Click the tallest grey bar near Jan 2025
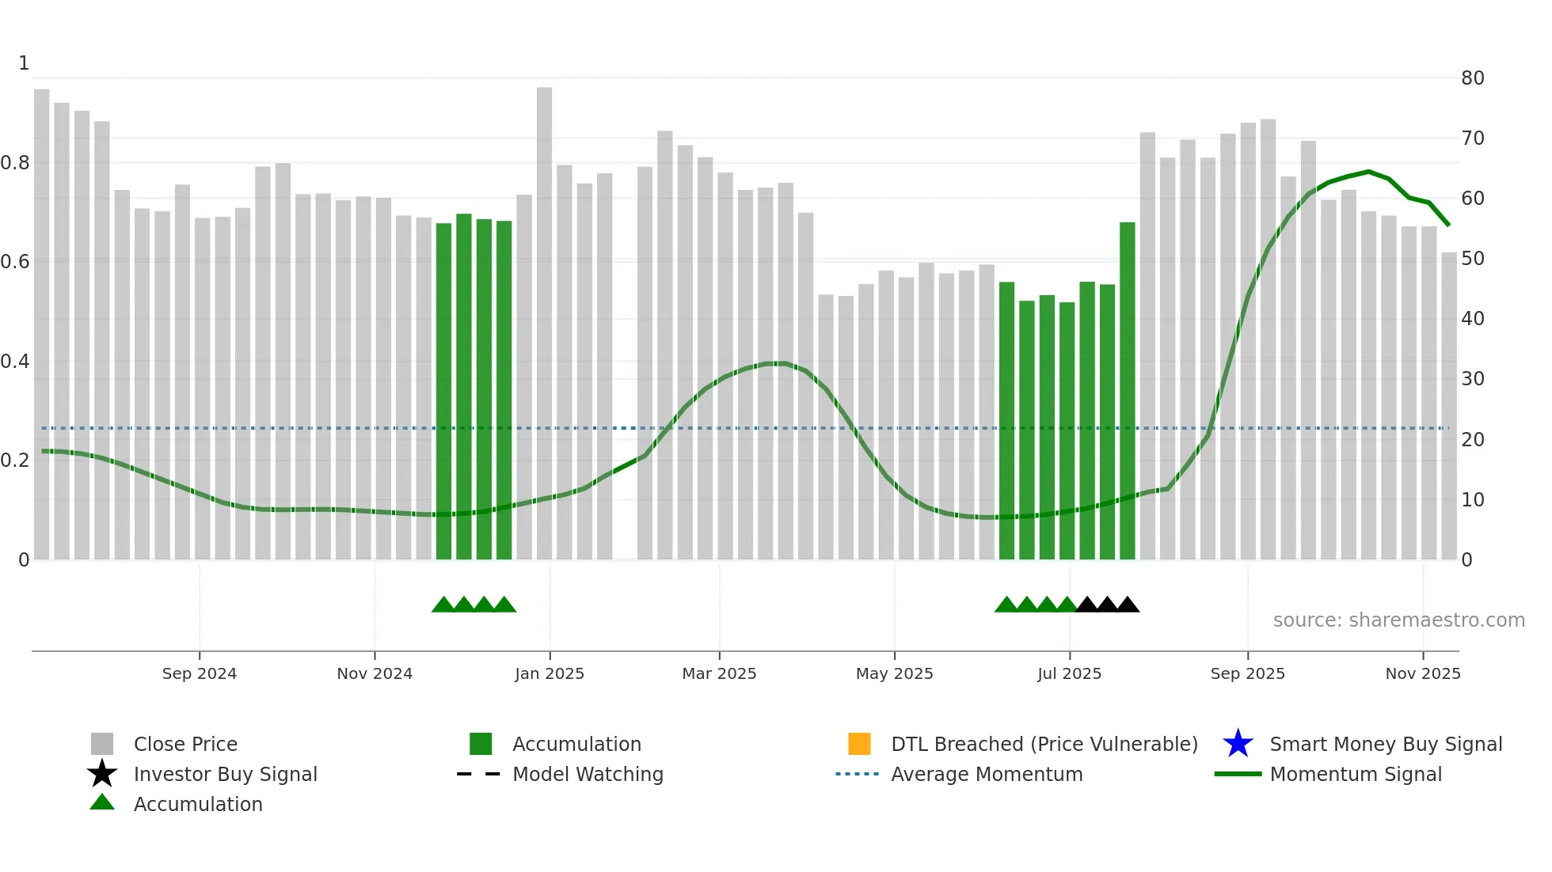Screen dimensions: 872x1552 pyautogui.click(x=544, y=317)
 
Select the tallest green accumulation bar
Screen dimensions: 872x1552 pyautogui.click(x=1127, y=388)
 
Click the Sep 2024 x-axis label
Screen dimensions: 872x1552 pyautogui.click(x=200, y=673)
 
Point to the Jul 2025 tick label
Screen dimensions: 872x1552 pyautogui.click(x=1069, y=673)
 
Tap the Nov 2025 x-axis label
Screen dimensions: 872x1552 pyautogui.click(x=1422, y=673)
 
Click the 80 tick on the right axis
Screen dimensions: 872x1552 pyautogui.click(x=1472, y=78)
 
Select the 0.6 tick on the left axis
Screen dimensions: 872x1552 pyautogui.click(x=15, y=262)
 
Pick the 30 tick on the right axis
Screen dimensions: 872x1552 pyautogui.click(x=1472, y=379)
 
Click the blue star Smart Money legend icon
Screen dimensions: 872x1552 pyautogui.click(x=1238, y=744)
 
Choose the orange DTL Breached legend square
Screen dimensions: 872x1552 pyautogui.click(x=859, y=744)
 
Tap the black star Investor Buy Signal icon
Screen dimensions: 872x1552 pyautogui.click(x=102, y=774)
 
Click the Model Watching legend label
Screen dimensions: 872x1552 pyautogui.click(x=588, y=774)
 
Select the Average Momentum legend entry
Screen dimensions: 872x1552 pyautogui.click(x=986, y=774)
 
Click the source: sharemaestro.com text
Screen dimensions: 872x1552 pyautogui.click(x=1398, y=620)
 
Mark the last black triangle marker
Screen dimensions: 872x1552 pyautogui.click(x=1128, y=605)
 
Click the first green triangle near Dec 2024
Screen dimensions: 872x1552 pyautogui.click(x=443, y=605)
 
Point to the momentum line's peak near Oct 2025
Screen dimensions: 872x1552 pyautogui.click(x=1368, y=172)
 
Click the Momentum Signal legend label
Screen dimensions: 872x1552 pyautogui.click(x=1355, y=774)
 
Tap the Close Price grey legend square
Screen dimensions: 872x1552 pyautogui.click(x=102, y=744)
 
